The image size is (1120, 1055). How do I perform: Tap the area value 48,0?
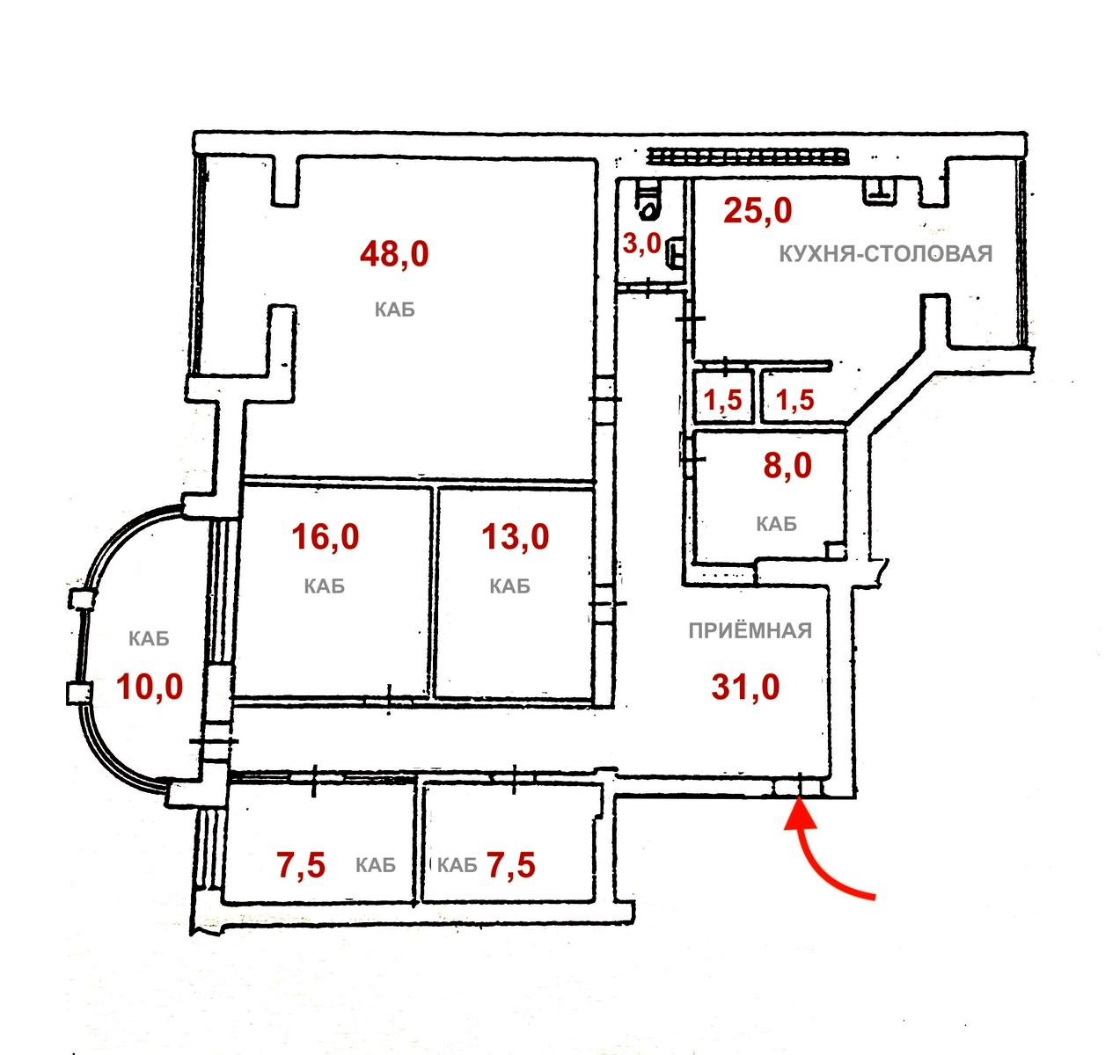click(394, 254)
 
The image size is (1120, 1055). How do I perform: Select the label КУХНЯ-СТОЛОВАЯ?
click(885, 255)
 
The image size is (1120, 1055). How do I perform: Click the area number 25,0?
click(758, 211)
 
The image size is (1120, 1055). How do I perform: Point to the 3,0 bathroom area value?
click(641, 244)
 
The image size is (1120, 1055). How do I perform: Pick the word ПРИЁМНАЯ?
click(750, 630)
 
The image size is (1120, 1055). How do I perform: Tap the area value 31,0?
click(745, 687)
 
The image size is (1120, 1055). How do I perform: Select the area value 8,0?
click(788, 465)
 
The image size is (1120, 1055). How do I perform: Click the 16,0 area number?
click(325, 535)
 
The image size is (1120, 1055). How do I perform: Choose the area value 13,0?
click(516, 535)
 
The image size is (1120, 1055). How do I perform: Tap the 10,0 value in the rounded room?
click(150, 686)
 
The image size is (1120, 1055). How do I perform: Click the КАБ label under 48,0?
click(394, 309)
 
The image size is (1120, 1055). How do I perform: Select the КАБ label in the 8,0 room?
click(776, 524)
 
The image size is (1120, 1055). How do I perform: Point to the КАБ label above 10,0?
click(148, 639)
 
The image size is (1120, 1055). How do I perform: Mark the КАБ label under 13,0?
click(509, 586)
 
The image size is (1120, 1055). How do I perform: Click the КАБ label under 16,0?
click(324, 586)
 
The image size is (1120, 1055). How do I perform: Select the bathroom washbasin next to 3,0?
click(677, 252)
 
